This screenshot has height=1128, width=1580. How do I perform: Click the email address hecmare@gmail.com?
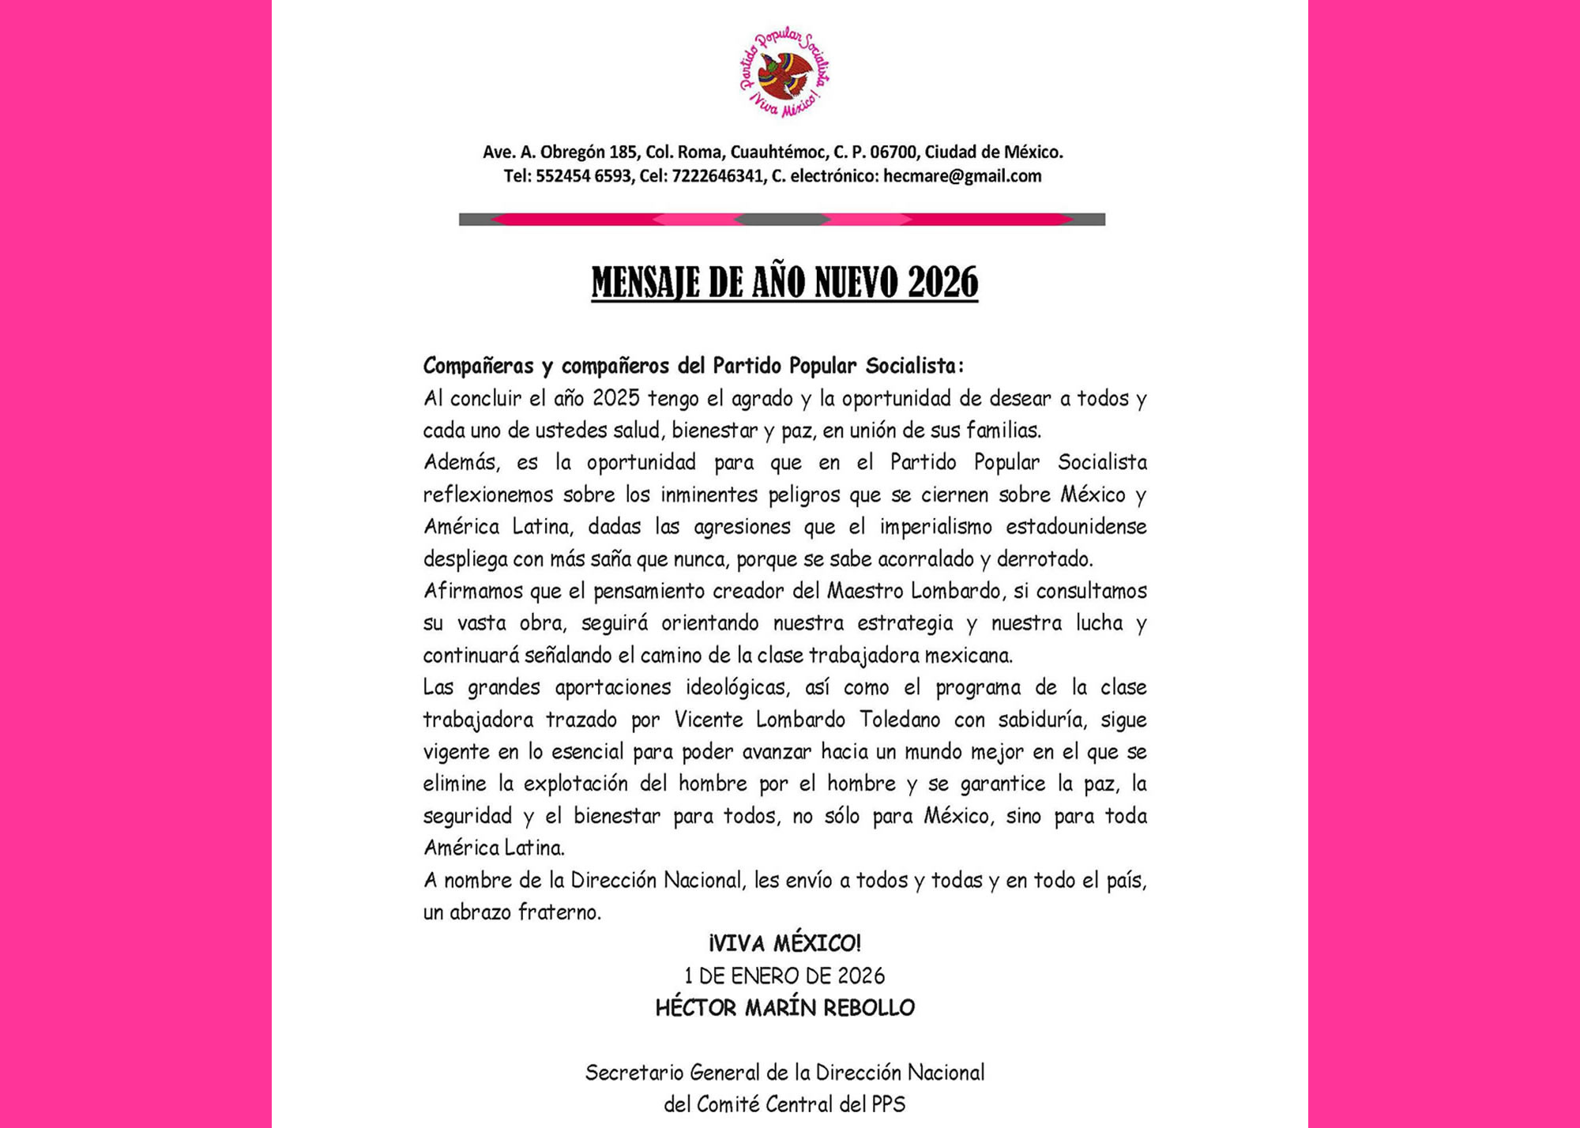click(x=961, y=176)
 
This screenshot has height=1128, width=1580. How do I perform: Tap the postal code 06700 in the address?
click(x=892, y=152)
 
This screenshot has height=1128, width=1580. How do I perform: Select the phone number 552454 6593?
click(x=584, y=176)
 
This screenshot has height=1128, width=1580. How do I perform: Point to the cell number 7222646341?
click(x=717, y=176)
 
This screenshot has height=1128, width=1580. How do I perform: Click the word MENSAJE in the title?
click(x=645, y=283)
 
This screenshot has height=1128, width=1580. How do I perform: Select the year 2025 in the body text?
click(x=615, y=398)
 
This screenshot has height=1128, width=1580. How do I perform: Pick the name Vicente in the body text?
click(x=709, y=720)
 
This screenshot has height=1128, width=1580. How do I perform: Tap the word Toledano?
click(x=900, y=720)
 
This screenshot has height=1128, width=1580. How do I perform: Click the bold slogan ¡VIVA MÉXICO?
click(x=784, y=943)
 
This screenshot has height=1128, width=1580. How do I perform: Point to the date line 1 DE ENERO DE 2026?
click(x=784, y=976)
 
